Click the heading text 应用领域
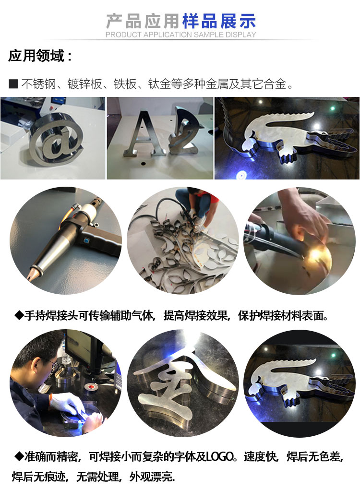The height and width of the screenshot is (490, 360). click(x=36, y=56)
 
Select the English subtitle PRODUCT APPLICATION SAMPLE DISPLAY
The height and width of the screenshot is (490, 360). click(x=180, y=35)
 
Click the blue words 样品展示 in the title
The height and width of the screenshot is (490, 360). click(x=219, y=21)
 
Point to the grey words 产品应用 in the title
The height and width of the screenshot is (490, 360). click(x=143, y=21)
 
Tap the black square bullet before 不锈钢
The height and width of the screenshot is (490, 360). click(x=13, y=84)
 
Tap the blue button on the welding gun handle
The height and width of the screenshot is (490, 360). click(x=85, y=241)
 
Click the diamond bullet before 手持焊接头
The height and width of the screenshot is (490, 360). click(x=19, y=315)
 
